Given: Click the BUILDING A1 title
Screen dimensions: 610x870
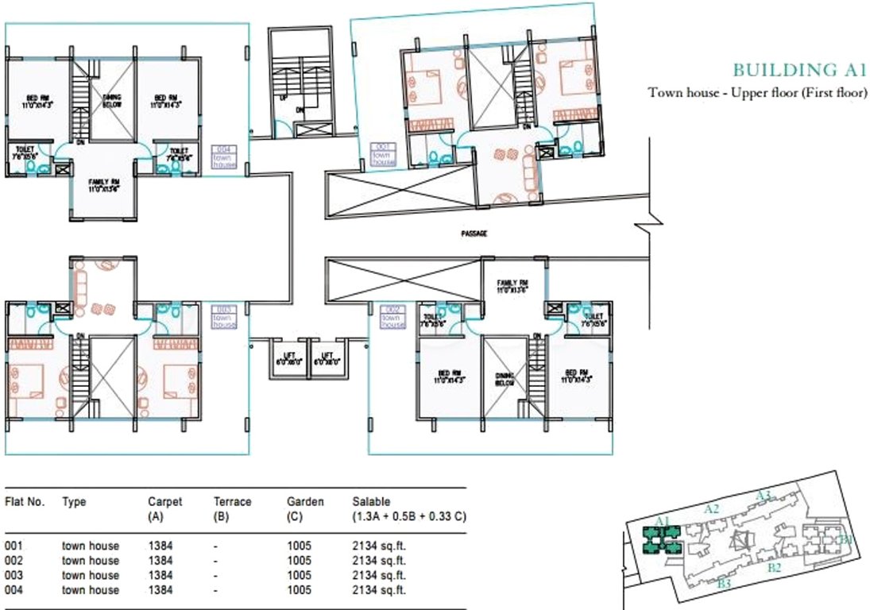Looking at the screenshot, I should (798, 70).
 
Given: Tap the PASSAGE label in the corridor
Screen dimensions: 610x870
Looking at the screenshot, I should (474, 234).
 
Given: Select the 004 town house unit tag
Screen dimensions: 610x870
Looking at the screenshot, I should (225, 157).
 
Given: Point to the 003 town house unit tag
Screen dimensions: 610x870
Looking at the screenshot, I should (225, 316).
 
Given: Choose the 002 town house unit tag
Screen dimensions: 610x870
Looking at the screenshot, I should (392, 317).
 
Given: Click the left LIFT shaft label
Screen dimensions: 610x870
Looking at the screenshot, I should (284, 358).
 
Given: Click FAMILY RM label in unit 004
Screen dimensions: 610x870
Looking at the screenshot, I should (103, 184).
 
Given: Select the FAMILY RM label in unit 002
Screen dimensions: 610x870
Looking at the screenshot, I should (512, 286).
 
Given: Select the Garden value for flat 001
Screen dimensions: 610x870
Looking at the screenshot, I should (300, 546).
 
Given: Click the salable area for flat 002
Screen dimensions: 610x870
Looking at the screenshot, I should (379, 561).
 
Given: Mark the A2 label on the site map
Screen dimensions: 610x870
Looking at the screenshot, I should (712, 509).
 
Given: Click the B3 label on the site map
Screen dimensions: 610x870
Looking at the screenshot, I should (723, 585).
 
